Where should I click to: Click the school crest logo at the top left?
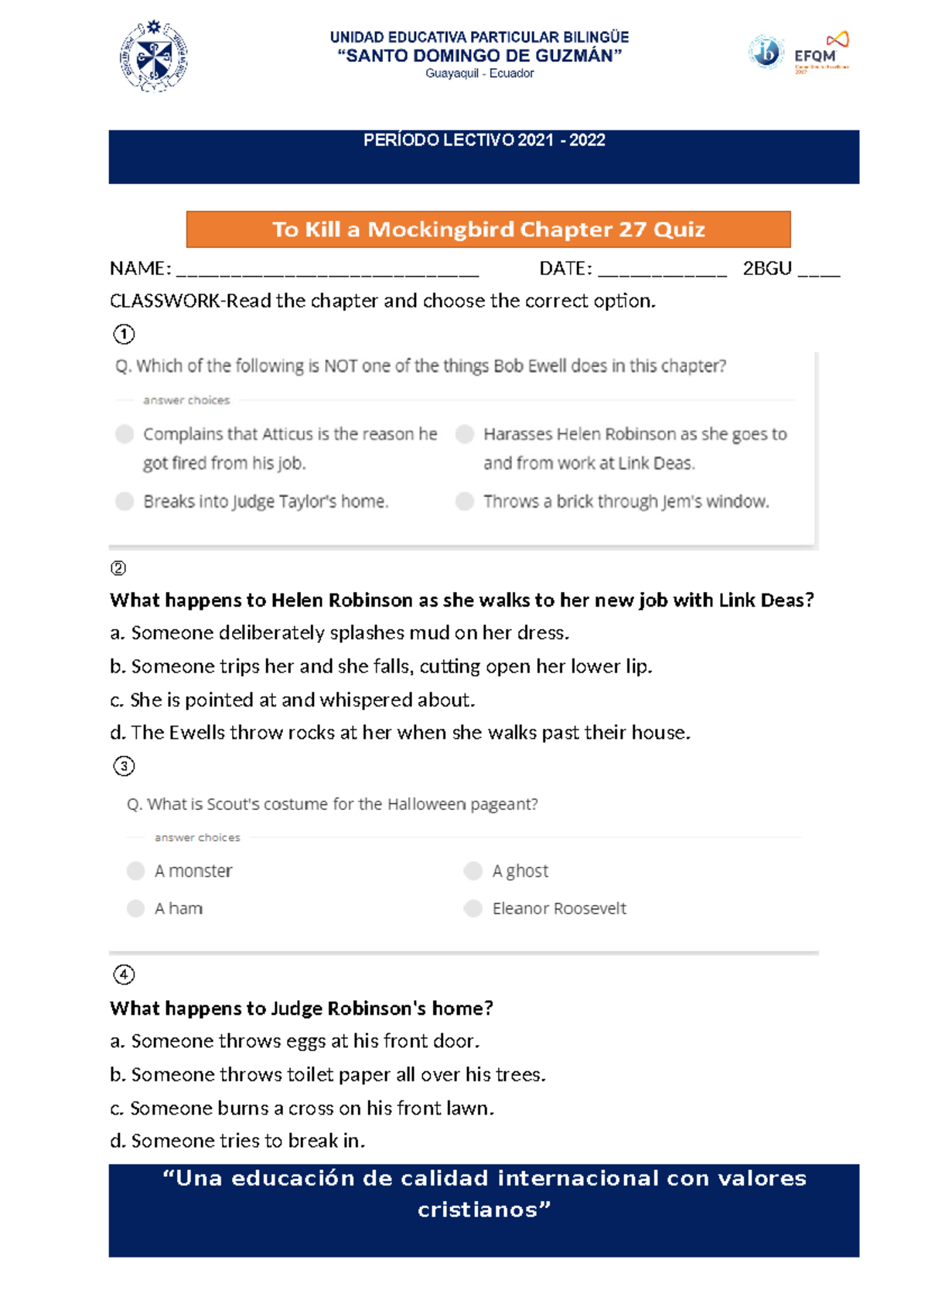click(x=154, y=56)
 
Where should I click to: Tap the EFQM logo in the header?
click(x=821, y=53)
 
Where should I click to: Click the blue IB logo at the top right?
click(x=766, y=53)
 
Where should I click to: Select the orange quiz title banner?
click(x=488, y=230)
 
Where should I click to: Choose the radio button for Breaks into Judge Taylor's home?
click(x=125, y=502)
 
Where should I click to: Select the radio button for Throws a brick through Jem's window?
click(x=465, y=502)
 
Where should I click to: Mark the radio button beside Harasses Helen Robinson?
click(x=465, y=434)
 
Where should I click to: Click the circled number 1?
click(x=124, y=334)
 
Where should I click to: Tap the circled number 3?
click(x=124, y=766)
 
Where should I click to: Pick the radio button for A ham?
click(x=136, y=908)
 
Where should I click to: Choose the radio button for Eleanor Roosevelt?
click(x=473, y=908)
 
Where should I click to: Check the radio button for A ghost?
click(x=473, y=871)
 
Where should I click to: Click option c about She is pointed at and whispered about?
click(x=292, y=700)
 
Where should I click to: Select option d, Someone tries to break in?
click(x=237, y=1142)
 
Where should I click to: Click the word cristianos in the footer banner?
click(x=483, y=1210)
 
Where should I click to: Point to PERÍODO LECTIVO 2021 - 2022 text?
click(x=484, y=141)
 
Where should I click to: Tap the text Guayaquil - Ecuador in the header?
click(x=479, y=73)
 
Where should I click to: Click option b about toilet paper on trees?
click(x=328, y=1075)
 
